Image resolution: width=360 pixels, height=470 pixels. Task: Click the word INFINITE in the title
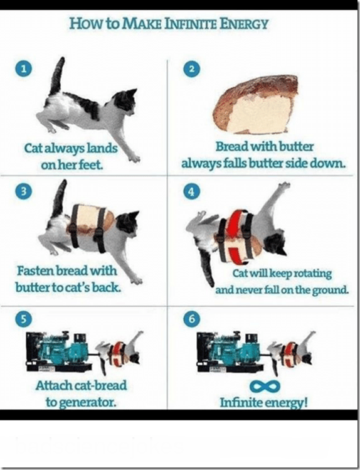pos(191,24)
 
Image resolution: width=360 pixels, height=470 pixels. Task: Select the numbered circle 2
pos(192,68)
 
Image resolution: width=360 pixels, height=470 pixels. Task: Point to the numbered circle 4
pos(192,191)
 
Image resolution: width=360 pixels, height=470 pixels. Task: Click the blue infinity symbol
pos(265,386)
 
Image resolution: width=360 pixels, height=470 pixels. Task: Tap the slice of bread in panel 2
pos(255,104)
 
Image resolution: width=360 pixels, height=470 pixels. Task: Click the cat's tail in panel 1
pos(57,77)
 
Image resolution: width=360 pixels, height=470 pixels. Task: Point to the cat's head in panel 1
pos(125,101)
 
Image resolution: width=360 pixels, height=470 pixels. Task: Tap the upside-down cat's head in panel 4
pos(275,242)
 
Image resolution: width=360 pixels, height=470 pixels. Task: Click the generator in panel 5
pos(59,351)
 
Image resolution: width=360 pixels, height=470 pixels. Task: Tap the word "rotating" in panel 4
pos(313,274)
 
